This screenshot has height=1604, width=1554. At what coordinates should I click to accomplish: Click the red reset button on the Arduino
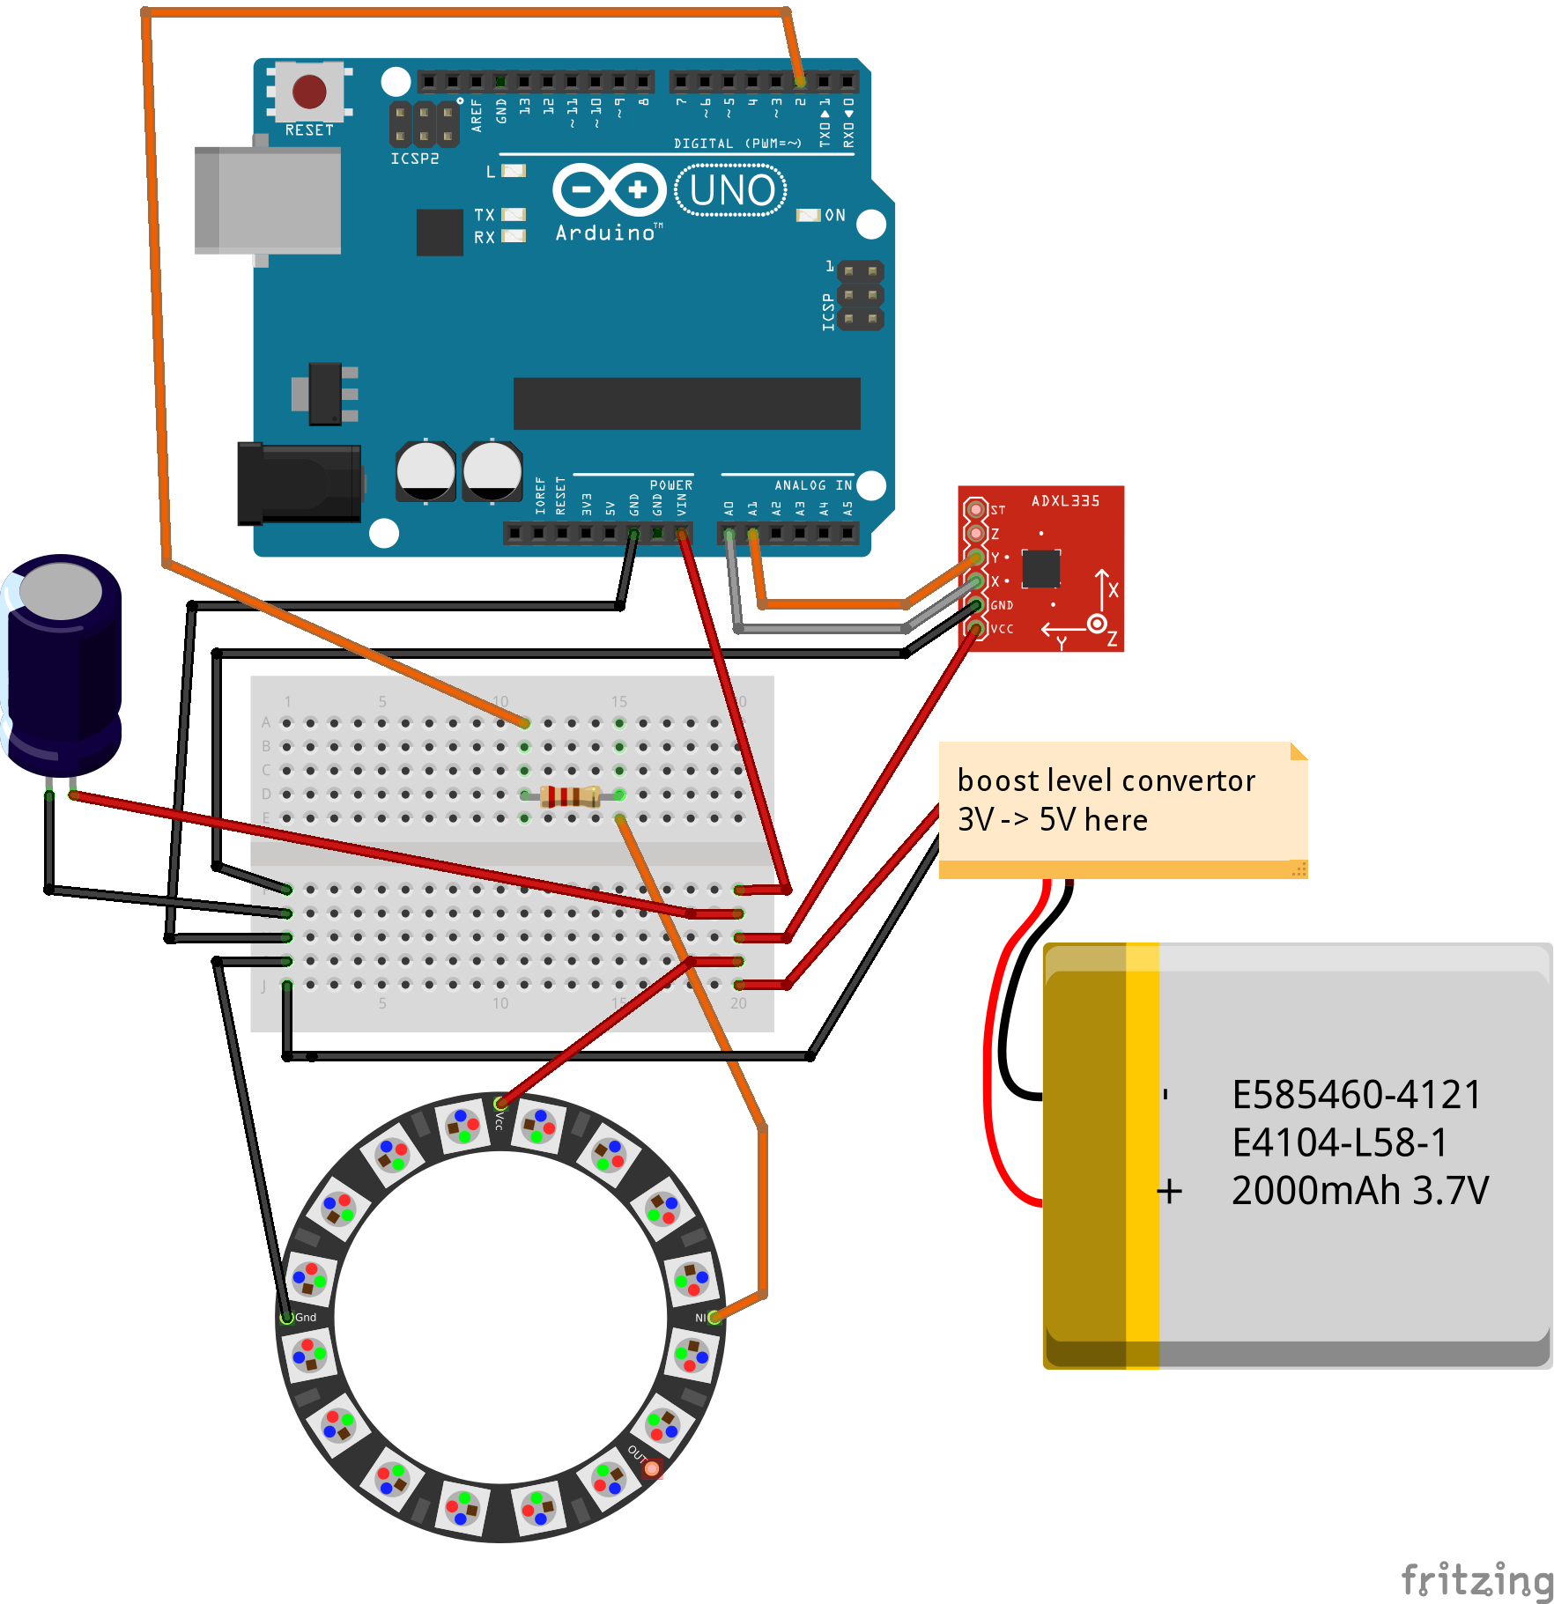point(309,92)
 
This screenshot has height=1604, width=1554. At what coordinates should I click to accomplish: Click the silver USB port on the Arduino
point(269,201)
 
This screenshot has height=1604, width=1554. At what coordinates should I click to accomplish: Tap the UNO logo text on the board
point(731,191)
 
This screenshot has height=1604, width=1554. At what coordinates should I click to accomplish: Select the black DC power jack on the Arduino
point(300,484)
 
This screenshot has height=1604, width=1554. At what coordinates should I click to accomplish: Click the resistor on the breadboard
point(571,796)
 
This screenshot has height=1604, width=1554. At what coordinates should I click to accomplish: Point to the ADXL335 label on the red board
point(1065,501)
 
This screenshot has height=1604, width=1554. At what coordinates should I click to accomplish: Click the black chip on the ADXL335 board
point(1040,569)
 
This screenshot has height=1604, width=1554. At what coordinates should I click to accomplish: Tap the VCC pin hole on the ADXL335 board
point(975,628)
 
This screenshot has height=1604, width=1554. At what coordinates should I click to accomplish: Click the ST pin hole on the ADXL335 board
point(975,509)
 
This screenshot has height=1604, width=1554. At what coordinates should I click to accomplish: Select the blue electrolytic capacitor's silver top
point(61,590)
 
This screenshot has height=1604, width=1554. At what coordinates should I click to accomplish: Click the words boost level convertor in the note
point(1106,780)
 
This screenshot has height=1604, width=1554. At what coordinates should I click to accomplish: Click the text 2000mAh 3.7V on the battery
point(1359,1191)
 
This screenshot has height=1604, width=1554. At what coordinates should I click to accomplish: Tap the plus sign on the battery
point(1170,1192)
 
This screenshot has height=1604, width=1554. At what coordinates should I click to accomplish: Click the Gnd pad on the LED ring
point(287,1318)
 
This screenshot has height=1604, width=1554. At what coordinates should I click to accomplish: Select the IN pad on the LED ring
point(714,1318)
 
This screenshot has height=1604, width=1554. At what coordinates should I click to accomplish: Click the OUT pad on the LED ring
point(651,1468)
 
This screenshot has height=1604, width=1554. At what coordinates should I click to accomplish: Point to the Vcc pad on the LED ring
point(500,1104)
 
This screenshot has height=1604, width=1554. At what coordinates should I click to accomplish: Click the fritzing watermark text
point(1476,1579)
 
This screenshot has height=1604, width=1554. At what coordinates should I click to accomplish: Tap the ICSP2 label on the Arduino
point(414,159)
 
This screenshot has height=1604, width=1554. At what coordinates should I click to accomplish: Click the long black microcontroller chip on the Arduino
point(686,403)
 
